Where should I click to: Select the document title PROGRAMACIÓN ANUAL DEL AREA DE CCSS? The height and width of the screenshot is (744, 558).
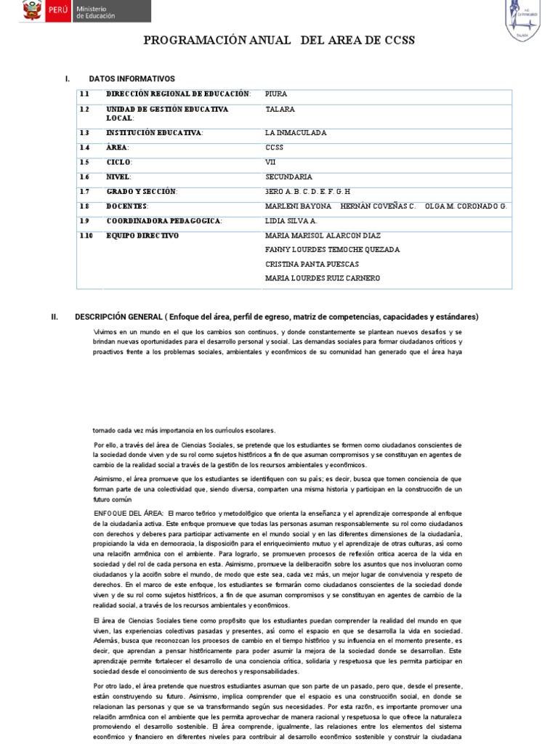(279, 41)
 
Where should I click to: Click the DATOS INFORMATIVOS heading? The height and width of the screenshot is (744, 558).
(132, 78)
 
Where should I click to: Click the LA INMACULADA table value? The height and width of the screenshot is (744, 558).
(296, 133)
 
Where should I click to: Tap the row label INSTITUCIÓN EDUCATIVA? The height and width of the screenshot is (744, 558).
(155, 133)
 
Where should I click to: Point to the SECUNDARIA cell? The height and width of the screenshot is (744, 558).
(288, 177)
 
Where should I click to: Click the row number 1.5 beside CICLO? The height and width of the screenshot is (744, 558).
(85, 162)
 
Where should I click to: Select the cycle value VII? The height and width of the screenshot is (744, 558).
(270, 162)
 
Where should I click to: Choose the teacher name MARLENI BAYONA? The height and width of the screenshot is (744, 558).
(298, 206)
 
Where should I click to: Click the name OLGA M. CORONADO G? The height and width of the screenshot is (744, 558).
(466, 206)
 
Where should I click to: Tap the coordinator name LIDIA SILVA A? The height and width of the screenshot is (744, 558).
(290, 220)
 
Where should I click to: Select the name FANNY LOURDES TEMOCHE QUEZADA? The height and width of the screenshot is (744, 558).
(333, 249)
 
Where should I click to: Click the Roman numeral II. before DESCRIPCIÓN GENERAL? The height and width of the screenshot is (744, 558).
(54, 317)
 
